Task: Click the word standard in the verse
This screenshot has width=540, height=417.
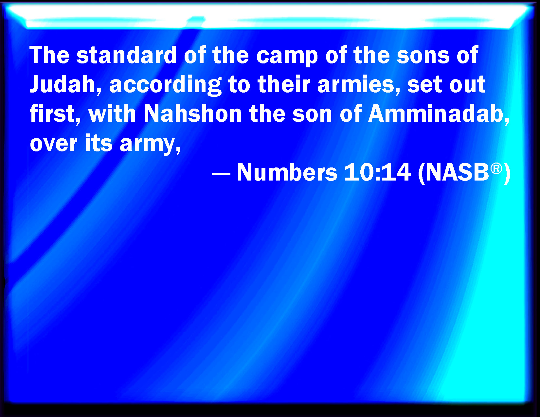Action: (x=126, y=55)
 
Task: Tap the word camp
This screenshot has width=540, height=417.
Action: (x=287, y=58)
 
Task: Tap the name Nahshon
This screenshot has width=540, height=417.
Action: (x=193, y=113)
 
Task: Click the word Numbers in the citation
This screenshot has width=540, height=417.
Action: (x=287, y=172)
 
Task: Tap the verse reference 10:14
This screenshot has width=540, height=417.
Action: (x=377, y=172)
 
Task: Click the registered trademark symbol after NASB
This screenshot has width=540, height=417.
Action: (x=496, y=169)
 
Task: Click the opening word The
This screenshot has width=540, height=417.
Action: (x=50, y=55)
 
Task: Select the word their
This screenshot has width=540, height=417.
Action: (x=284, y=84)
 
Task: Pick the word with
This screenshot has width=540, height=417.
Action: (x=112, y=113)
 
